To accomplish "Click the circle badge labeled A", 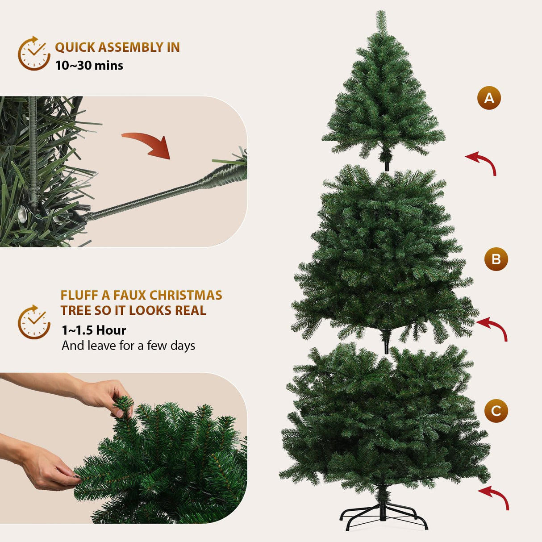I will pyautogui.click(x=489, y=98).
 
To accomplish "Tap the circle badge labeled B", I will pyautogui.click(x=496, y=259).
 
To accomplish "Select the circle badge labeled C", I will pyautogui.click(x=496, y=411).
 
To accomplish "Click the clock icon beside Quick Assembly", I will pyautogui.click(x=34, y=54).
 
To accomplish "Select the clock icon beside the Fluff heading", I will pyautogui.click(x=34, y=322).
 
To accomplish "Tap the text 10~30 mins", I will pyautogui.click(x=89, y=66).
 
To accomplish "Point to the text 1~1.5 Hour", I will pyautogui.click(x=94, y=330).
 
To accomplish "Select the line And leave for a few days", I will pyautogui.click(x=128, y=346).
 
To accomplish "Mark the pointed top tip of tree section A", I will pyautogui.click(x=381, y=13).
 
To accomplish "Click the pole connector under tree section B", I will pyautogui.click(x=386, y=342).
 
